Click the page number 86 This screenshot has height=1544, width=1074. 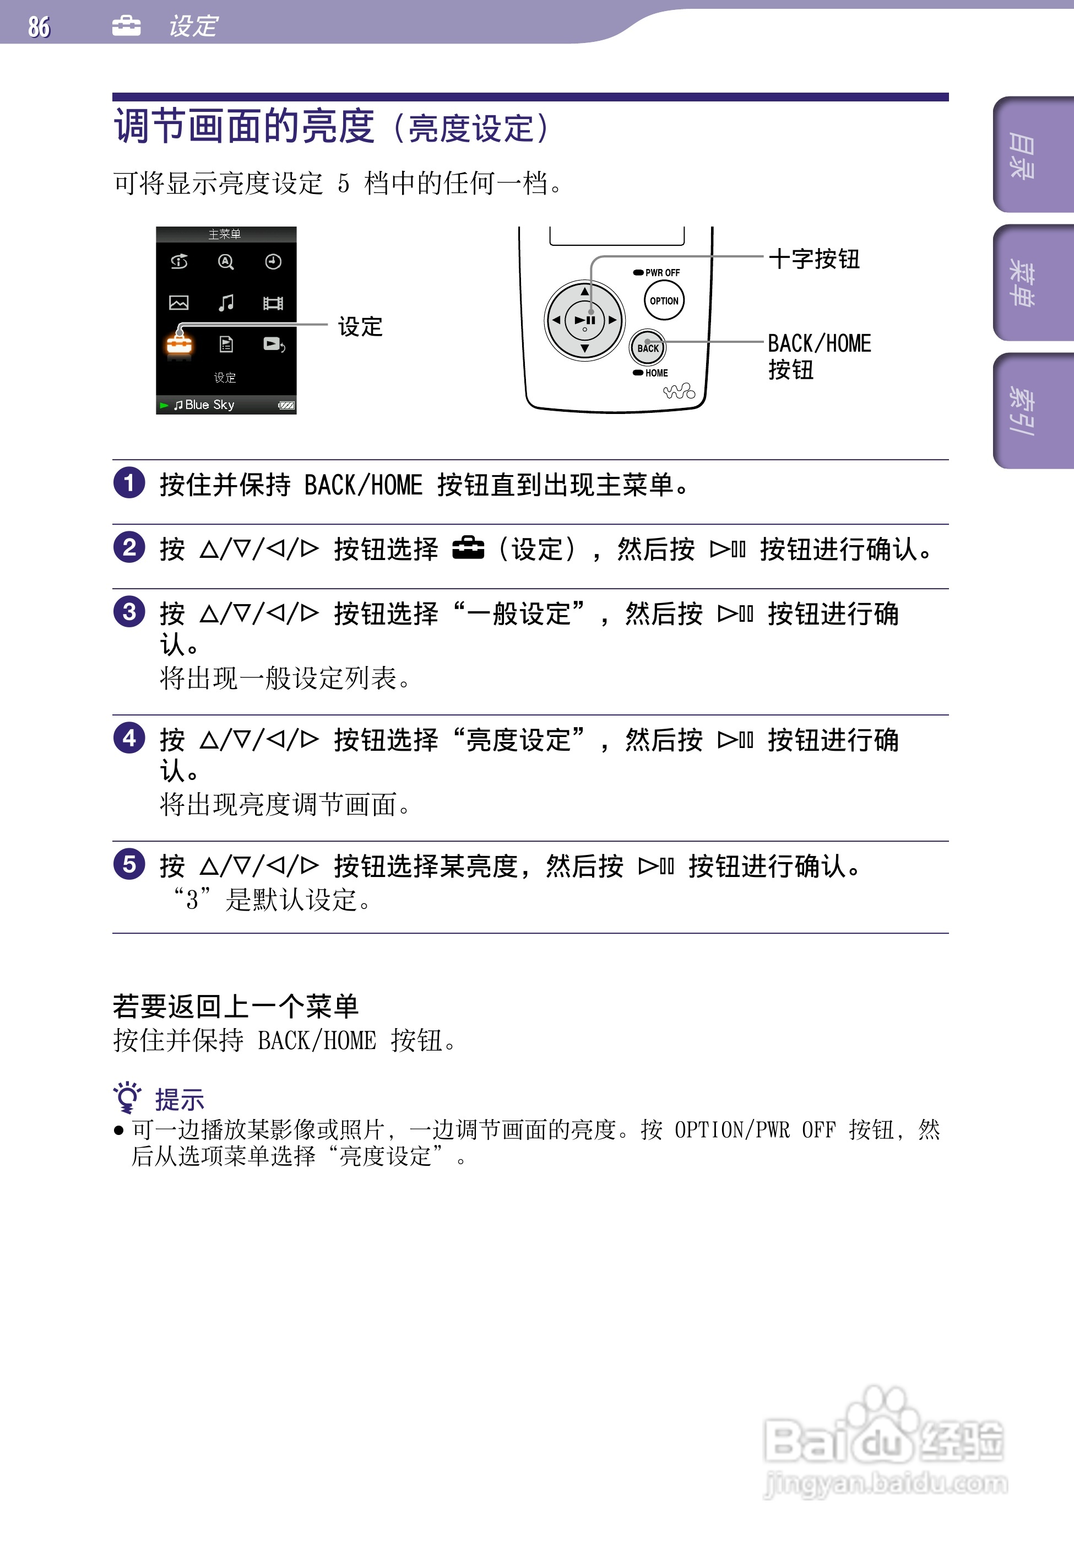(x=39, y=27)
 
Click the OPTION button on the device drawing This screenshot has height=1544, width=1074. (x=664, y=300)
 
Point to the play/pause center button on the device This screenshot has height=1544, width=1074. (x=585, y=320)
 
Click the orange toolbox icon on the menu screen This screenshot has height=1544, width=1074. (x=180, y=345)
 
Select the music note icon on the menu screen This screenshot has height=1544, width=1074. (x=226, y=303)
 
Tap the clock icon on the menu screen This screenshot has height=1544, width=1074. (x=273, y=262)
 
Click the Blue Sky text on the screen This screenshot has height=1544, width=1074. (x=209, y=405)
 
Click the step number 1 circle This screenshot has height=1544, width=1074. (x=129, y=483)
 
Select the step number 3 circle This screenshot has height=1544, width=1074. (x=129, y=612)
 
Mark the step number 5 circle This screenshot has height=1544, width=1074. (x=129, y=864)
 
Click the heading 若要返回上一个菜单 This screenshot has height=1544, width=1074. (x=235, y=1007)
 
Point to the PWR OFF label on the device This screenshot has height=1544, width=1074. (x=662, y=272)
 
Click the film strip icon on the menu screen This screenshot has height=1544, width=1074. (x=273, y=303)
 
